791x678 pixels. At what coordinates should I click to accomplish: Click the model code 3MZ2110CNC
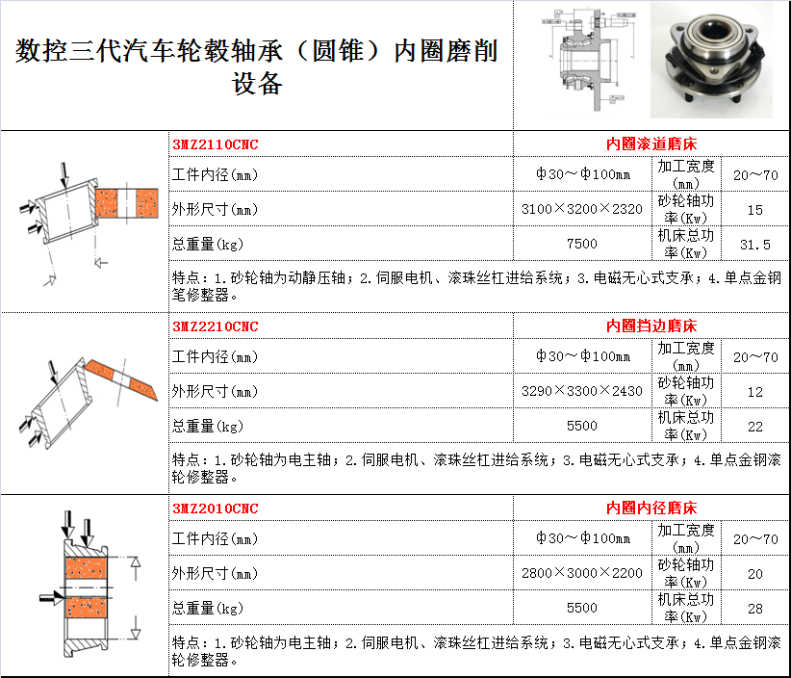[216, 144]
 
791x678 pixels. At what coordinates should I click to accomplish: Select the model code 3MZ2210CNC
[216, 326]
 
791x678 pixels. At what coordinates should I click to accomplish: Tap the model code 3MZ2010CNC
[216, 508]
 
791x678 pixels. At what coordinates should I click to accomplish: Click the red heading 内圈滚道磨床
[651, 143]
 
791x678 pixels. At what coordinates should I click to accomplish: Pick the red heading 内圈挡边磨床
[651, 326]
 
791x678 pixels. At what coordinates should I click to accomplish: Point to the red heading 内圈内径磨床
[651, 508]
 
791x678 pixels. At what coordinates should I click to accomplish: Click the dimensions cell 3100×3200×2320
[582, 209]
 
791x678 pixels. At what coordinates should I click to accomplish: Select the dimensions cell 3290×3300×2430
[582, 391]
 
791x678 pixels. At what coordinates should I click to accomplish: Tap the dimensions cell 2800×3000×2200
[582, 573]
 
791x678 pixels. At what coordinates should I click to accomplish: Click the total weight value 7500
[582, 244]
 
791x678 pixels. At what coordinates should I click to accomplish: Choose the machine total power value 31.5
[755, 245]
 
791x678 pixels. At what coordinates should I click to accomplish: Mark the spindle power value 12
[755, 392]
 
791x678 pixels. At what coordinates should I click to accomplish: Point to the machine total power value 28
[755, 609]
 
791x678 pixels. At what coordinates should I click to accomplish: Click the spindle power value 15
[755, 210]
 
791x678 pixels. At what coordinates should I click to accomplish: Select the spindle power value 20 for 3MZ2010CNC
[755, 574]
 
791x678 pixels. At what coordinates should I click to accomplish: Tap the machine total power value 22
[755, 427]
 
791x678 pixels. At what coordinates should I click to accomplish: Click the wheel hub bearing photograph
[711, 60]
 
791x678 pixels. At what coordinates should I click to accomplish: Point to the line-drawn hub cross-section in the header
[589, 59]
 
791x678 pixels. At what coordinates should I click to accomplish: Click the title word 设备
[257, 83]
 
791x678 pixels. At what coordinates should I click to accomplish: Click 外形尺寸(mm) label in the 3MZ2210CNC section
[215, 392]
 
